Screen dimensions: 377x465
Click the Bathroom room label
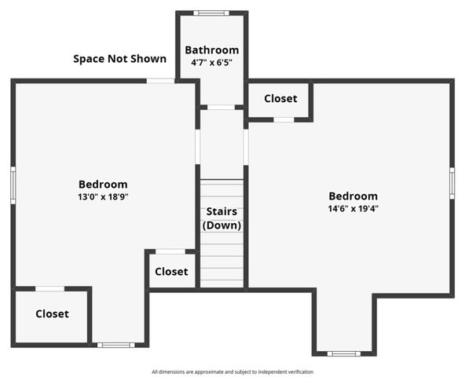211,50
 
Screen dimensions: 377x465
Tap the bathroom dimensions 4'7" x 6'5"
211,62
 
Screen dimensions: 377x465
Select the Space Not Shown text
119,59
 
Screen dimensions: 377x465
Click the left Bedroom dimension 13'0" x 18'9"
97,197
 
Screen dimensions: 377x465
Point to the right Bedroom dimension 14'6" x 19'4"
353,209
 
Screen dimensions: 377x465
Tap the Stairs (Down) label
222,218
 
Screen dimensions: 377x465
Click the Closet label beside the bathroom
280,99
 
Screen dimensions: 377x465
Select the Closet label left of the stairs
171,272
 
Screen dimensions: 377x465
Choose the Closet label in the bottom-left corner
52,314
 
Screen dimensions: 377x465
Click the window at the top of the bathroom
211,13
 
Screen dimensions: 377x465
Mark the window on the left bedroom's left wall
13,185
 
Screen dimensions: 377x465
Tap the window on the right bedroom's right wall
452,183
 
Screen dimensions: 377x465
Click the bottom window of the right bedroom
343,353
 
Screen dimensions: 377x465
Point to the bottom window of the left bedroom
115,345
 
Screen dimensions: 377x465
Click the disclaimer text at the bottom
233,372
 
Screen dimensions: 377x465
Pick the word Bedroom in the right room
353,196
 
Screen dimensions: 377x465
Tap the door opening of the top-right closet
284,119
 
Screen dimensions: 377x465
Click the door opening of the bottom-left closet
50,289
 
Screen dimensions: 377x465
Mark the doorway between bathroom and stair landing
222,107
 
